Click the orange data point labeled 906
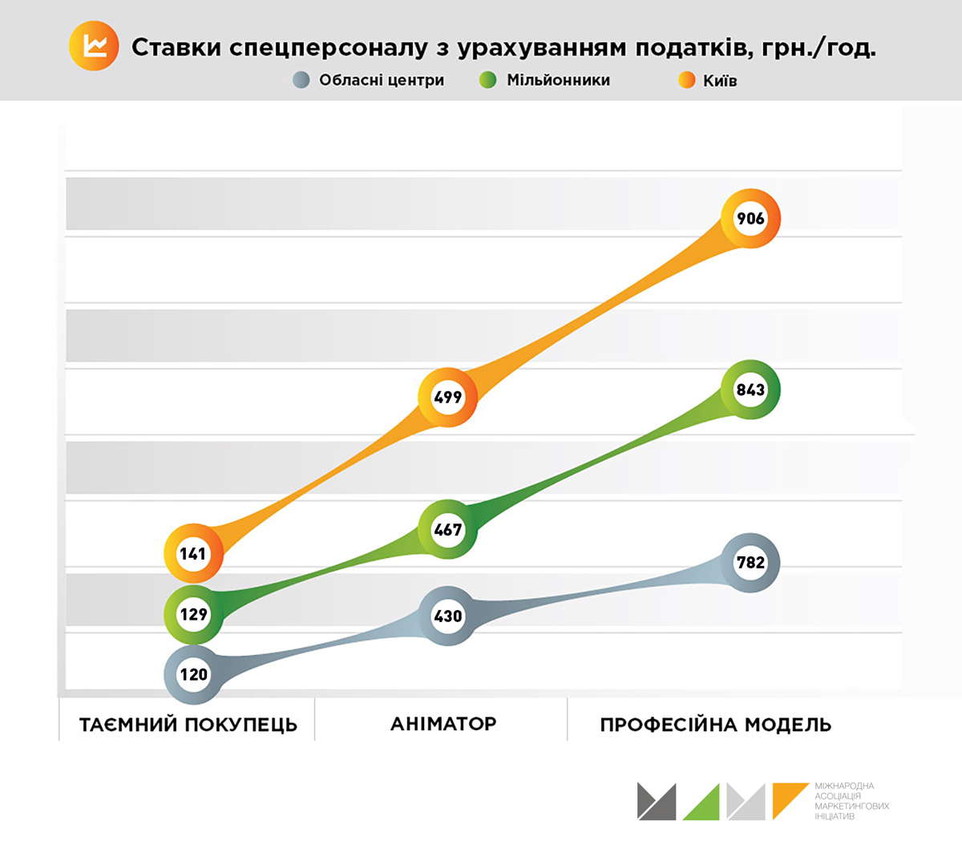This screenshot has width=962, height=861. click(750, 218)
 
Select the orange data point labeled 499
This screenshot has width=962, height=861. click(448, 397)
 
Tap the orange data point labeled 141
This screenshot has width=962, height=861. click(193, 554)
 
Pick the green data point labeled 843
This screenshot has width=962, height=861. click(750, 390)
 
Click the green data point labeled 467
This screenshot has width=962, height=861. click(448, 529)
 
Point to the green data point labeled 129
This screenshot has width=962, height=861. click(193, 614)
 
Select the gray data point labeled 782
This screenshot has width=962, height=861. click(750, 562)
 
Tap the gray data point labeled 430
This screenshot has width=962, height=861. click(448, 616)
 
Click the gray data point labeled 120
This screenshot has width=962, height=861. click(193, 674)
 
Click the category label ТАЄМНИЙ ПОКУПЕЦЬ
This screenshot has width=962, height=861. click(188, 725)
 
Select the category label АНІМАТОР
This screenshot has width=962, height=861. click(443, 724)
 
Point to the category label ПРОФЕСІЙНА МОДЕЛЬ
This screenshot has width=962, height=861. click(715, 725)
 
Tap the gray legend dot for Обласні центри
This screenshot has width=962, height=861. click(301, 80)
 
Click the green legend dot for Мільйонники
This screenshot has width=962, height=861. click(487, 80)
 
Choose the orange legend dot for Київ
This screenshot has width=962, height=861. click(686, 80)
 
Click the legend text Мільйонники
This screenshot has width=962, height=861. click(558, 80)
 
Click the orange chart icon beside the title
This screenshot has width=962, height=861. click(94, 46)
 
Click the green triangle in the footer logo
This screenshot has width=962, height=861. click(704, 805)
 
